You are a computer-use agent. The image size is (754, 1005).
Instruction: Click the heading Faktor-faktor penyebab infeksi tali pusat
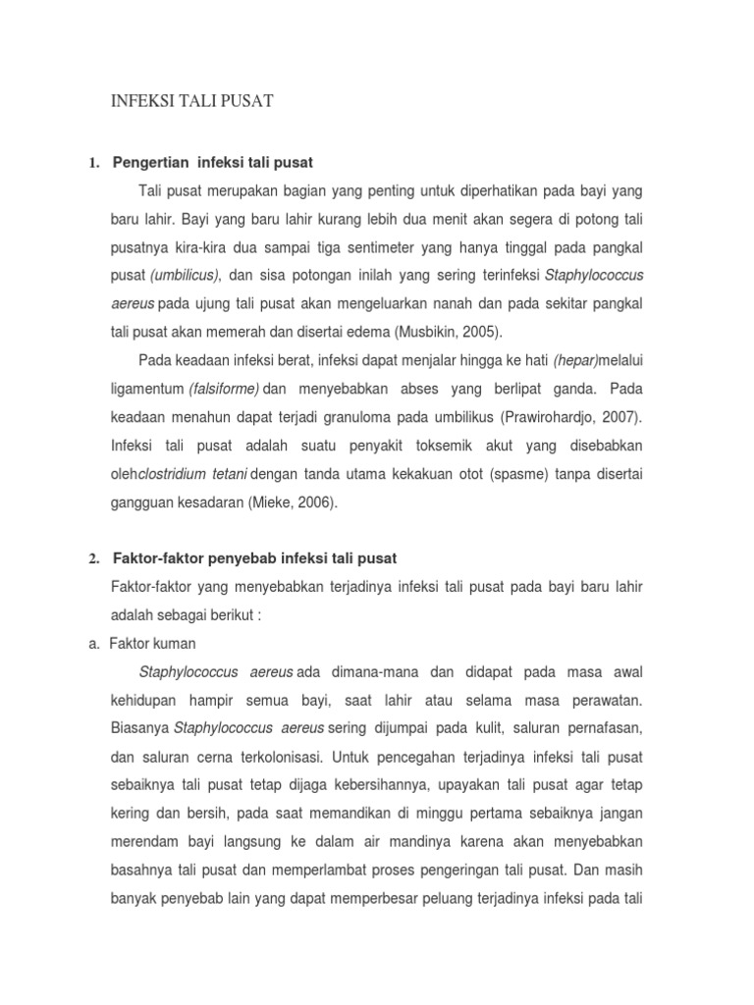pos(255,558)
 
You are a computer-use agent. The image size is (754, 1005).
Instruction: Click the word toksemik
pos(415,446)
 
